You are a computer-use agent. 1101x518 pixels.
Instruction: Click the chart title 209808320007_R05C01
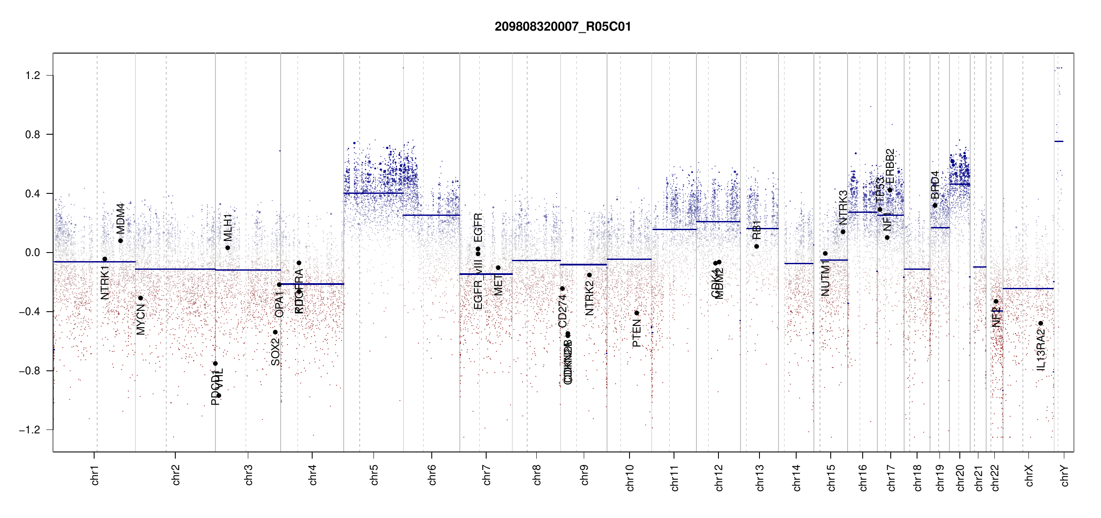pos(563,27)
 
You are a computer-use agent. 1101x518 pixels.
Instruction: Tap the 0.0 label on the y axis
pos(33,253)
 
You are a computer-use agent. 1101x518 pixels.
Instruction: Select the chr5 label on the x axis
pos(374,475)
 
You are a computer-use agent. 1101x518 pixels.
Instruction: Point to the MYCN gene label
pos(141,319)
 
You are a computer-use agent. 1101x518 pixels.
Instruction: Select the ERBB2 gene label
pos(890,167)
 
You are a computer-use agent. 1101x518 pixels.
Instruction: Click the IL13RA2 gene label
pos(1041,350)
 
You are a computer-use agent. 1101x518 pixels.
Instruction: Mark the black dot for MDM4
pos(120,241)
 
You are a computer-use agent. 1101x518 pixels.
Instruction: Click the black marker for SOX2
pos(275,332)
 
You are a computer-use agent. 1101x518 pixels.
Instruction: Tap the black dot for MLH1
pos(228,248)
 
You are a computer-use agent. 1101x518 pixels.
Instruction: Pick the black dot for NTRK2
pos(589,275)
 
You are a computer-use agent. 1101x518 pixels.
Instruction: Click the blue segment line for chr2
pos(175,269)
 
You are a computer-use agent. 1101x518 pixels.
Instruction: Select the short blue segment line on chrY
pos(1059,141)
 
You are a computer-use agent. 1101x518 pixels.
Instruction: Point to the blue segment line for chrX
pos(1028,288)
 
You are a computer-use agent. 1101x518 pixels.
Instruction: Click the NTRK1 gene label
pos(105,283)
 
